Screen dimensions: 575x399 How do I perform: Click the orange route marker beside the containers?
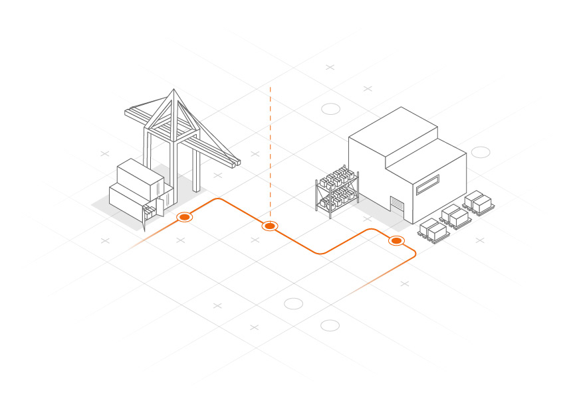(184, 217)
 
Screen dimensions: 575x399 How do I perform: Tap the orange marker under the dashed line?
(269, 226)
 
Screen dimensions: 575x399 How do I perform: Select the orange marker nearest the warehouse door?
(396, 240)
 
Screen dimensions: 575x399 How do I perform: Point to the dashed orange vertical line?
(270, 153)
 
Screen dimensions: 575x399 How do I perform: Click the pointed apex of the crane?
(173, 91)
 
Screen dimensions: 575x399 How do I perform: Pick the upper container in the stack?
(140, 175)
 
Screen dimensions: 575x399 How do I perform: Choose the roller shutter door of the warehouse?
(397, 206)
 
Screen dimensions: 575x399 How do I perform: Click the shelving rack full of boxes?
(336, 189)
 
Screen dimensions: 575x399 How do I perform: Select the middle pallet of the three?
(455, 216)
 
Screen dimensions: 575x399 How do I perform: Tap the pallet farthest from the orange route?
(479, 202)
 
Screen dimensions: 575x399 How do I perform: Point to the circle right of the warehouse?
(481, 152)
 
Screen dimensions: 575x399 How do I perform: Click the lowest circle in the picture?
(330, 325)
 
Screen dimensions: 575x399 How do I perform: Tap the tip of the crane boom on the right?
(235, 161)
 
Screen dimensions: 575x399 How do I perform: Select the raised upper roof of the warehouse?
(392, 136)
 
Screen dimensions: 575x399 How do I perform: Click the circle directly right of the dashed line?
(330, 109)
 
